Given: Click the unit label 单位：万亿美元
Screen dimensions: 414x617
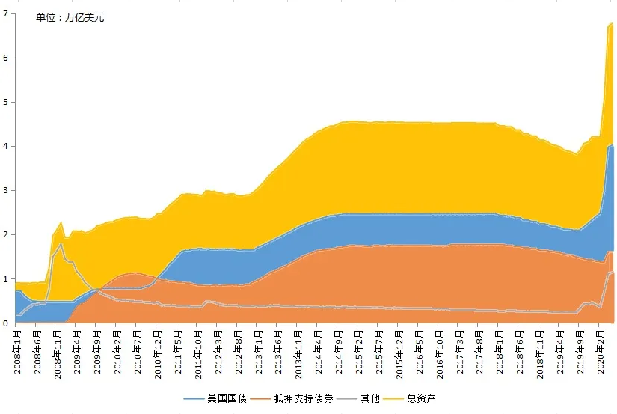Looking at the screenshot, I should (70, 17).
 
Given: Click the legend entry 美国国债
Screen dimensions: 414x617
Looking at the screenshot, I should (224, 398).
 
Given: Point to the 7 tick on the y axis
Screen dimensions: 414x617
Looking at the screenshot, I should (6, 13).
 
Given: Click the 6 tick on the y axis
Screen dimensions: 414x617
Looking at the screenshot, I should (6, 58).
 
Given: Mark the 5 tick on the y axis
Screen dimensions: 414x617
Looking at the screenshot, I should (6, 102).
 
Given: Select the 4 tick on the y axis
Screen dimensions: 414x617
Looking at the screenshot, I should (6, 146).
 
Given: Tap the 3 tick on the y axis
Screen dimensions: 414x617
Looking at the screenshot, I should (6, 190).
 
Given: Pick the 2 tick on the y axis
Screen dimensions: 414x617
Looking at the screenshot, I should (6, 234).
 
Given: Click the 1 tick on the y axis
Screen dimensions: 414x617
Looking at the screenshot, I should (6, 278).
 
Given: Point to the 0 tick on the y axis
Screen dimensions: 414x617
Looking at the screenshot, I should (6, 323).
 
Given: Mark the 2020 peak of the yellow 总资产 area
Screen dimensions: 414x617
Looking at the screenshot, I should (611, 23).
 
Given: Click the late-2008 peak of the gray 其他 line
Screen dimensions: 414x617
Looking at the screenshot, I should (61, 243).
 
